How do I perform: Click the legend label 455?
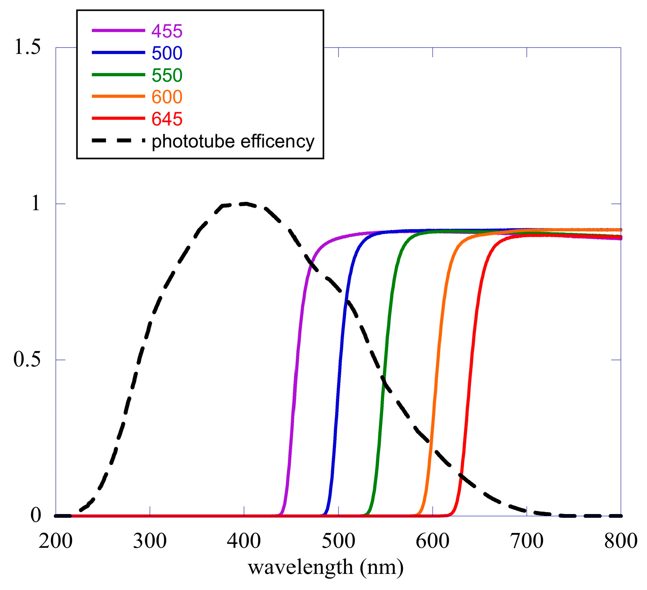[x=167, y=31]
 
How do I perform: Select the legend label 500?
[x=167, y=53]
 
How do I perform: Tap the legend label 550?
[x=167, y=75]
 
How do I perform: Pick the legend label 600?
[x=167, y=97]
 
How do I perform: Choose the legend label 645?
[x=167, y=119]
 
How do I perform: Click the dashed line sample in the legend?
[x=118, y=141]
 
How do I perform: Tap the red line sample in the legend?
[x=118, y=118]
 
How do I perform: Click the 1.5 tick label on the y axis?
[x=27, y=47]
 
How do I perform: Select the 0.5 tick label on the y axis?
[x=27, y=360]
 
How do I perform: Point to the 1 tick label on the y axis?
[x=36, y=203]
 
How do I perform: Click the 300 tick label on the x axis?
[x=149, y=541]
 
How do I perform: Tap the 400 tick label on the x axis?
[x=244, y=541]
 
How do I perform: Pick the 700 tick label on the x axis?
[x=527, y=541]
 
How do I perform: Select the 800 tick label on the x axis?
[x=621, y=541]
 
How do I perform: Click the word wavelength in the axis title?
[x=300, y=567]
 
